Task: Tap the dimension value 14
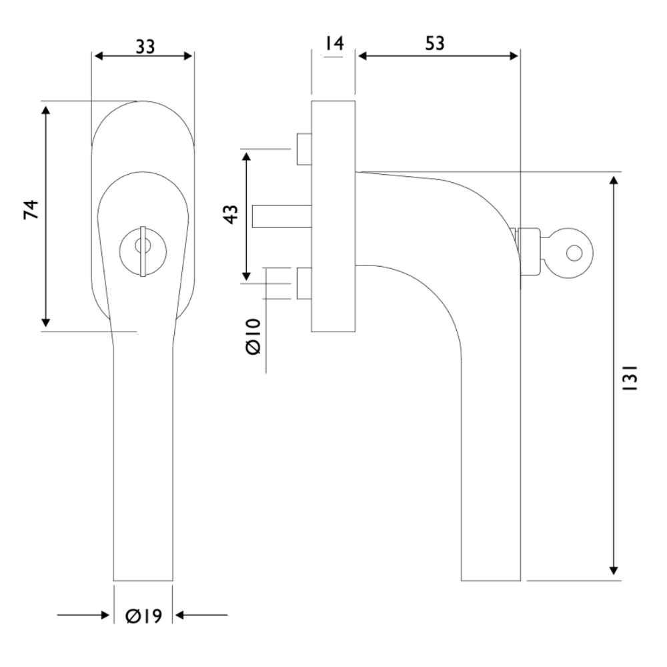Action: click(333, 44)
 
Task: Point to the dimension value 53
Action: click(434, 43)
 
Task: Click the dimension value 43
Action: click(229, 215)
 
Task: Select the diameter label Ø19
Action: click(143, 615)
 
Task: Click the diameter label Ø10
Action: click(253, 337)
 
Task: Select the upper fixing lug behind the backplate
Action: click(304, 149)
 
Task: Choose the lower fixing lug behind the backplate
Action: click(304, 283)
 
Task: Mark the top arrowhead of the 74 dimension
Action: click(45, 108)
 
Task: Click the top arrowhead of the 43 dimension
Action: click(246, 158)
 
